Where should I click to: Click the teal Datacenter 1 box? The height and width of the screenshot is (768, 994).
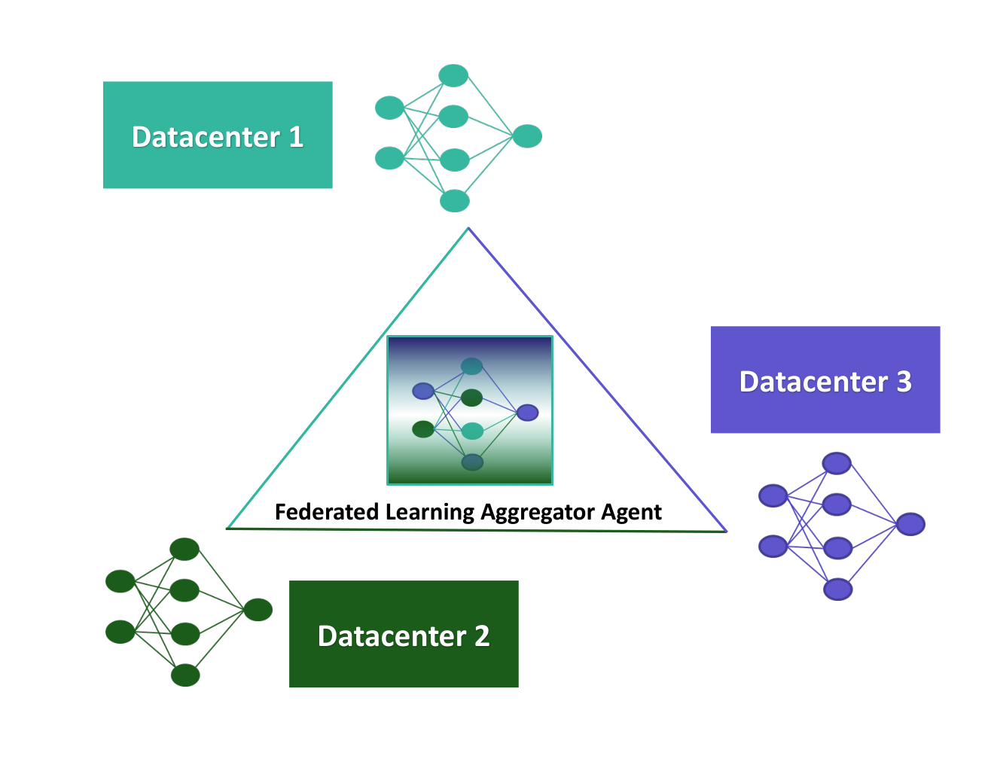[218, 135]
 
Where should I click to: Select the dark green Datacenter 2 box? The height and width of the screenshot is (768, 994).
[404, 634]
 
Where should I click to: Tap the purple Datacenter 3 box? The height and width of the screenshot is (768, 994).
[825, 379]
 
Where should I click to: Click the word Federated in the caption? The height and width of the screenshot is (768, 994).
[327, 511]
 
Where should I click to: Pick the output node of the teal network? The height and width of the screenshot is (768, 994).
[527, 136]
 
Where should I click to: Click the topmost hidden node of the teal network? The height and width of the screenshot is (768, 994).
[453, 75]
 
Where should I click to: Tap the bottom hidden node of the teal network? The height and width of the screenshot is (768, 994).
[455, 201]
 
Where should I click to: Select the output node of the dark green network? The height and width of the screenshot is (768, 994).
[258, 610]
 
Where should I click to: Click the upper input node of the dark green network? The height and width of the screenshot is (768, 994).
[120, 581]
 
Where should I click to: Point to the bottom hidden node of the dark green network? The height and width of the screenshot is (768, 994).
[185, 675]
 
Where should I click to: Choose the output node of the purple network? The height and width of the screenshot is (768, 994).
[910, 524]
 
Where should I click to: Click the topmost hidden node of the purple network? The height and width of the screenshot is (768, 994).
[837, 463]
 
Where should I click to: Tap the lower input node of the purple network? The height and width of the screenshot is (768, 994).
[773, 546]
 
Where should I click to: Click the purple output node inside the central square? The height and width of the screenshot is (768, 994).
[527, 413]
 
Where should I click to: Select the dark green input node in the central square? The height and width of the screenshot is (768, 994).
[423, 429]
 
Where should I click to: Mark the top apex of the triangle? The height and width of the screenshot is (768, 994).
[468, 228]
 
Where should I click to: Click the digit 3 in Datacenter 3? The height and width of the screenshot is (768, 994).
[904, 382]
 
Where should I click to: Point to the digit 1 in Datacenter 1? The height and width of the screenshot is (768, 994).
[297, 137]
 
